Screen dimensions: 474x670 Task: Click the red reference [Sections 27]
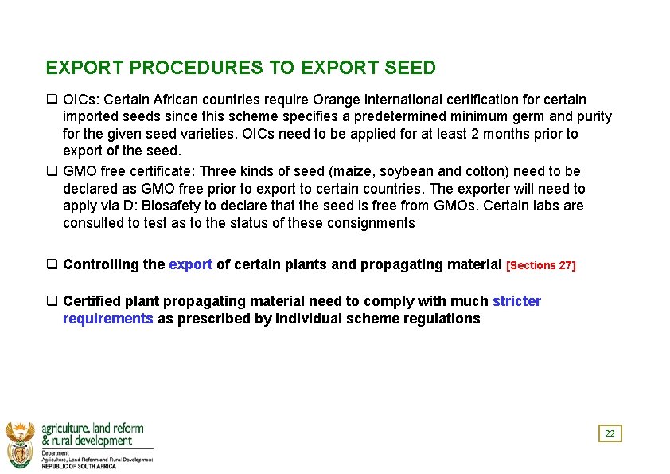540,265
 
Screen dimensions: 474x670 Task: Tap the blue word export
190,264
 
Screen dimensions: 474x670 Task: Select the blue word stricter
516,301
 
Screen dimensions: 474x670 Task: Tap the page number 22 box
610,434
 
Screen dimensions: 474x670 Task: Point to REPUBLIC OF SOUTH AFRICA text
79,466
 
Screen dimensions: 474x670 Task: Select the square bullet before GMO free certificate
51,171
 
